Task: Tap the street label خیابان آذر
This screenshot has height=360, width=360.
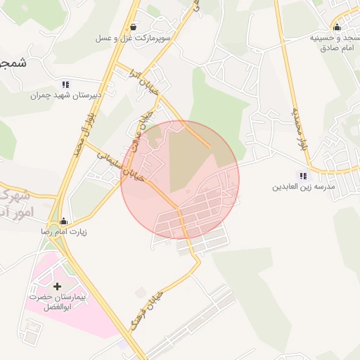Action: click(145, 83)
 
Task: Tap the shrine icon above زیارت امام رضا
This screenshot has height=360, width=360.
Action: click(64, 221)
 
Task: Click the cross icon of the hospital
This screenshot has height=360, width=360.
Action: click(57, 286)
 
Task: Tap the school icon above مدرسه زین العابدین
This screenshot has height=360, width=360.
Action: click(303, 176)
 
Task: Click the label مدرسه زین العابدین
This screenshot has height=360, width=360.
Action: click(302, 188)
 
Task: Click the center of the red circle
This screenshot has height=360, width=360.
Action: click(180, 179)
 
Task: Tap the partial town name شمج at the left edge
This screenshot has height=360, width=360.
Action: click(13, 63)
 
